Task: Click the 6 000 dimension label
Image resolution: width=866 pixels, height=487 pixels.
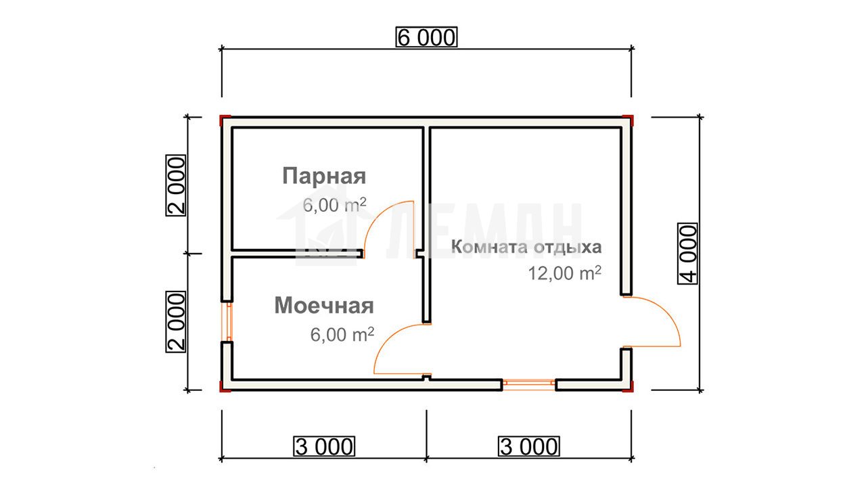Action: (426, 37)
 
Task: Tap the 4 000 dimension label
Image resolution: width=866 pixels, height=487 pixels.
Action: (688, 254)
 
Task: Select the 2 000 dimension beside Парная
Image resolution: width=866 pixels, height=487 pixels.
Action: (176, 185)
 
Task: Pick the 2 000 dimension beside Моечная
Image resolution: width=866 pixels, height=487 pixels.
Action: (176, 322)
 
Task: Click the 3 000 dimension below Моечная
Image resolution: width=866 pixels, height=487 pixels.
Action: (324, 446)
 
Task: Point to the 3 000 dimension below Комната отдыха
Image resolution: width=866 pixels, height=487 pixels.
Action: (529, 446)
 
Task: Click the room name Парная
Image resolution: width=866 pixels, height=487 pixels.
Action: (324, 177)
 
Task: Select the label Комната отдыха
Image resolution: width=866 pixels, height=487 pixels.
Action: (526, 247)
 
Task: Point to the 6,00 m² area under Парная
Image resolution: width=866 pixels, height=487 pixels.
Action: (334, 204)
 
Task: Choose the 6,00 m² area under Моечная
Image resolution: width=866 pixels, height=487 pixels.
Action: (342, 334)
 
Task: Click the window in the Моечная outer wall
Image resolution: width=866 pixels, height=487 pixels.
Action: (227, 321)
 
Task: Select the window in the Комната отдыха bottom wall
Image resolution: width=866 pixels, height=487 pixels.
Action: (529, 385)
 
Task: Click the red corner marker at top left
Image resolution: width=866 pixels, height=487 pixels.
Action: (225, 120)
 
